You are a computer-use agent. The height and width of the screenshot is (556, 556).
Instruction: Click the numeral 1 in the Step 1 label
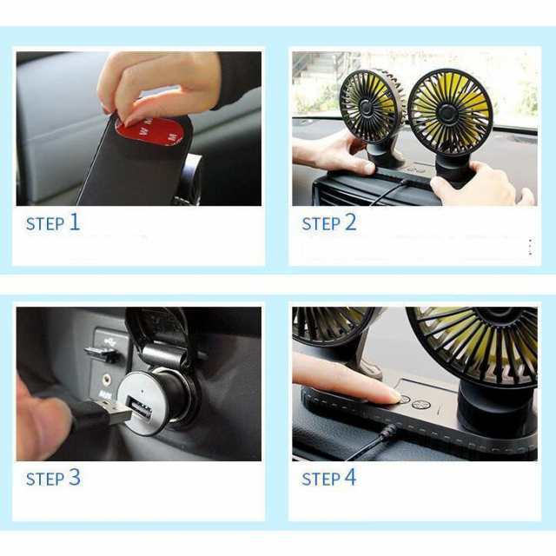pos(74,222)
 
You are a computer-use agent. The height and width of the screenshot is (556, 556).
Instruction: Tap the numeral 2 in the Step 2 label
pos(350,222)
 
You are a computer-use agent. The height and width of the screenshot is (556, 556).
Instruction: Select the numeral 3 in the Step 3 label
pos(75,477)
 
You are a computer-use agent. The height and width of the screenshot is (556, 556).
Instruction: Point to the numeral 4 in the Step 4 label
pos(350,477)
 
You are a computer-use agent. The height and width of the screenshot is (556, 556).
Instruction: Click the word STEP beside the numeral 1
pos(45,224)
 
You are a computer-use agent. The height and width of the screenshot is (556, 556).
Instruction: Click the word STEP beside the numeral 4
pos(321,480)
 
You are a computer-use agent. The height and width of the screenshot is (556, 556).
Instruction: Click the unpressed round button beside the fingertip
pos(421,404)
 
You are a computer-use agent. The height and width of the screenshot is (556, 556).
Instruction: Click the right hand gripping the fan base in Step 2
pos(480,185)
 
